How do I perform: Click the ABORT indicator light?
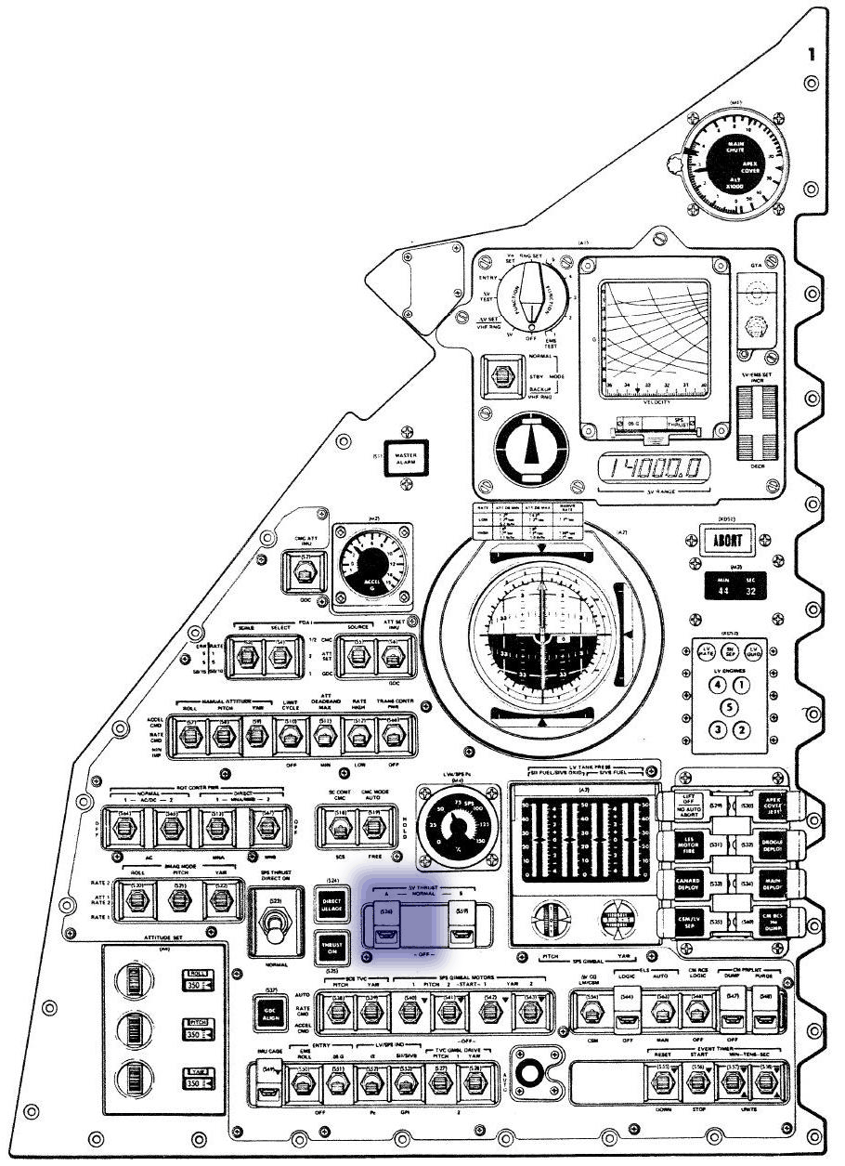coord(727,538)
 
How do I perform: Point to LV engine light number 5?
coord(730,707)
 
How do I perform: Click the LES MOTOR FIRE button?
coord(688,844)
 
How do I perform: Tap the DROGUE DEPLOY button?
coord(769,844)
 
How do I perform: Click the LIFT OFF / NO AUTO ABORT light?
coord(688,804)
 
